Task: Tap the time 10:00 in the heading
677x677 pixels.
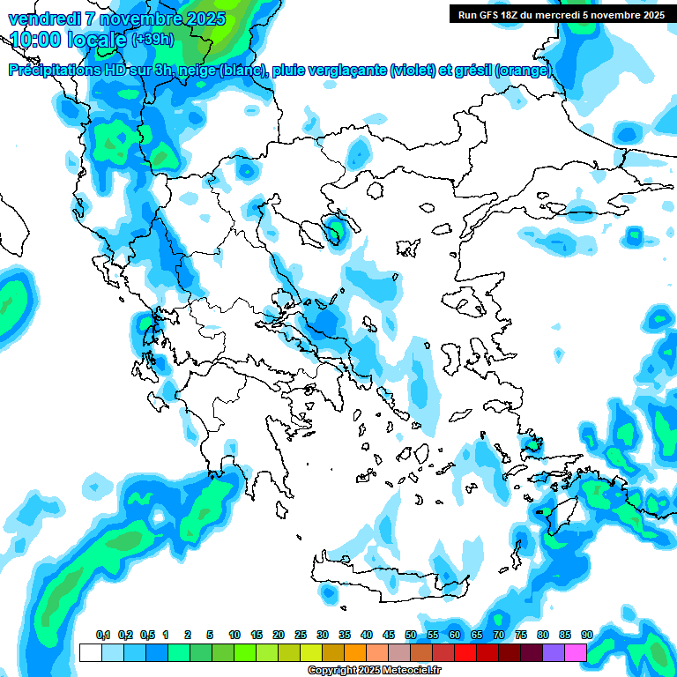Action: (x=36, y=40)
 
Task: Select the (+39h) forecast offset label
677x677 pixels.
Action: (x=153, y=40)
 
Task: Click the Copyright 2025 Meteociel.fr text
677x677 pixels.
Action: (x=375, y=671)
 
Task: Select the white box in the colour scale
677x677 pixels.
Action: (x=90, y=652)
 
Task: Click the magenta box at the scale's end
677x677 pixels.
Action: (x=576, y=652)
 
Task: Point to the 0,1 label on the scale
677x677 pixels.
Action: (x=102, y=636)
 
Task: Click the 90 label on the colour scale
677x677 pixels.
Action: (x=587, y=636)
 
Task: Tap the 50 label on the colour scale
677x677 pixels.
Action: (x=411, y=636)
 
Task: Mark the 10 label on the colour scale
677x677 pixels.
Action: (x=234, y=636)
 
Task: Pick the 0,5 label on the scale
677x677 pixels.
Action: (x=147, y=636)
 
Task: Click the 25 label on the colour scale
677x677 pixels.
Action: (x=301, y=636)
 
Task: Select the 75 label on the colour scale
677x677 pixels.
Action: (x=521, y=636)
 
